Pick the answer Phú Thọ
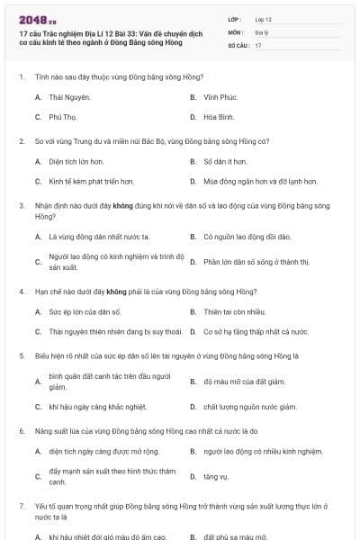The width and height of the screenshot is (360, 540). [x=63, y=117]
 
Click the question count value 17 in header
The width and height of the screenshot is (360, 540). [x=258, y=44]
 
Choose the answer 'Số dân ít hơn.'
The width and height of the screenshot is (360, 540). [x=224, y=162]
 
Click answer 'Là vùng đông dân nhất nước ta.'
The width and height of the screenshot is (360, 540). [x=99, y=237]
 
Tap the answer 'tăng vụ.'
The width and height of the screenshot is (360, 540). [x=216, y=476]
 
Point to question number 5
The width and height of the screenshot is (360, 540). [x=21, y=356]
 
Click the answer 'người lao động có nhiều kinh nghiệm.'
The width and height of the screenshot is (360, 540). [x=263, y=451]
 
